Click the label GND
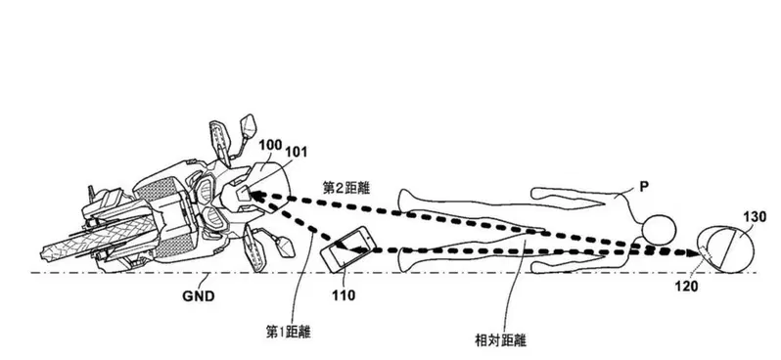point(199,296)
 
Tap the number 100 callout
point(270,146)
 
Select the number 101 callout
point(296,152)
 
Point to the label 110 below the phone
point(344,295)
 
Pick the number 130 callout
point(755,217)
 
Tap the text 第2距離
point(346,188)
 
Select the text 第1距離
point(289,332)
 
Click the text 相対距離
point(501,340)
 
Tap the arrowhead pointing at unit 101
point(254,195)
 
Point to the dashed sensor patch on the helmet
point(706,254)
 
